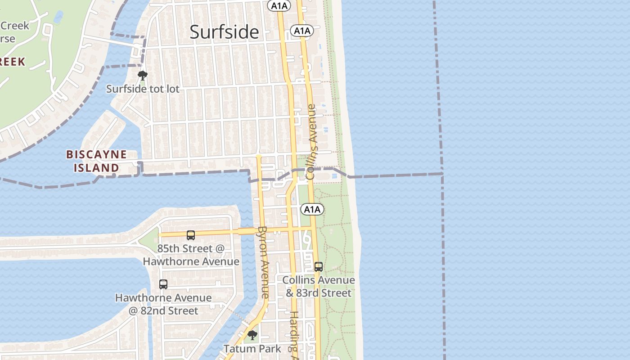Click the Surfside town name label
pos(224,32)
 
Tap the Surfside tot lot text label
pos(143,89)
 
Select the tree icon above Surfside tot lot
pos(143,75)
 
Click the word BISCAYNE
pos(96,154)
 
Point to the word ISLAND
pos(96,168)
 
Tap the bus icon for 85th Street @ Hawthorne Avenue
pos(191,235)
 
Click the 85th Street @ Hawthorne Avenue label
pos(191,255)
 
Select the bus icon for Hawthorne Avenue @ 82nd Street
pos(163,284)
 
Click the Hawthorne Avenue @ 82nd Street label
pos(163,304)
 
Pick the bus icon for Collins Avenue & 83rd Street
pos(319,266)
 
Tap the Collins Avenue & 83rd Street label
pos(319,286)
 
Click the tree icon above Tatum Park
pos(252,335)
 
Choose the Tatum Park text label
pos(252,349)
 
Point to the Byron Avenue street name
pos(263,262)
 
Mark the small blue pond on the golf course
pos(58,17)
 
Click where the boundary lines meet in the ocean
pos(442,173)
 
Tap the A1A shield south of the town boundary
pos(312,209)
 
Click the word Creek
pos(14,26)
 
